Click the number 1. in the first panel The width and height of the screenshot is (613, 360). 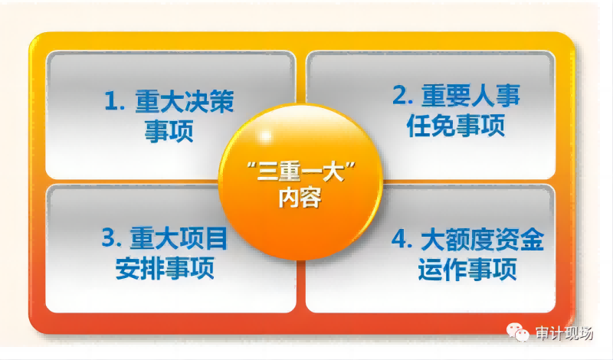tap(114, 100)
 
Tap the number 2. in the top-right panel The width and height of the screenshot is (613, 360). tap(403, 94)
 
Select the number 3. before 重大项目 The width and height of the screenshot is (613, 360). tap(112, 237)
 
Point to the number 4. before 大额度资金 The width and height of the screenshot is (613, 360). tap(402, 239)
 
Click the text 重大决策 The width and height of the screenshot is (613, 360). tap(185, 101)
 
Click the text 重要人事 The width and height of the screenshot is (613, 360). tap(470, 95)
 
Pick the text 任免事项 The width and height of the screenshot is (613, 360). tap(456, 126)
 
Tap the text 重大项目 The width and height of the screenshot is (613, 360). tap(179, 238)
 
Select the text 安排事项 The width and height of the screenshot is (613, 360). tap(165, 268)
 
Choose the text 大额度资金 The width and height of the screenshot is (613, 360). tap(483, 239)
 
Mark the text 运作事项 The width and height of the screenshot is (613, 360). tap(467, 269)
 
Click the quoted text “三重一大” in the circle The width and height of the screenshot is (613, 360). tap(301, 172)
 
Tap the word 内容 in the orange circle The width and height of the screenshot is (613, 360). tap(300, 198)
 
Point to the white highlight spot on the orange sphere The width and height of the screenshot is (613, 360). tap(265, 136)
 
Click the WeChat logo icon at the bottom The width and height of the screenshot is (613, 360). tap(518, 332)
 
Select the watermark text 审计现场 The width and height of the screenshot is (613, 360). tap(564, 333)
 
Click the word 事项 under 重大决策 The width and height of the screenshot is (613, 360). tap(169, 131)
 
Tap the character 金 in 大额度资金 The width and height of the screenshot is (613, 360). tap(532, 239)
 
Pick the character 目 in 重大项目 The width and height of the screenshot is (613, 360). tap(216, 238)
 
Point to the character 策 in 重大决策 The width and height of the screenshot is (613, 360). tap(222, 101)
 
